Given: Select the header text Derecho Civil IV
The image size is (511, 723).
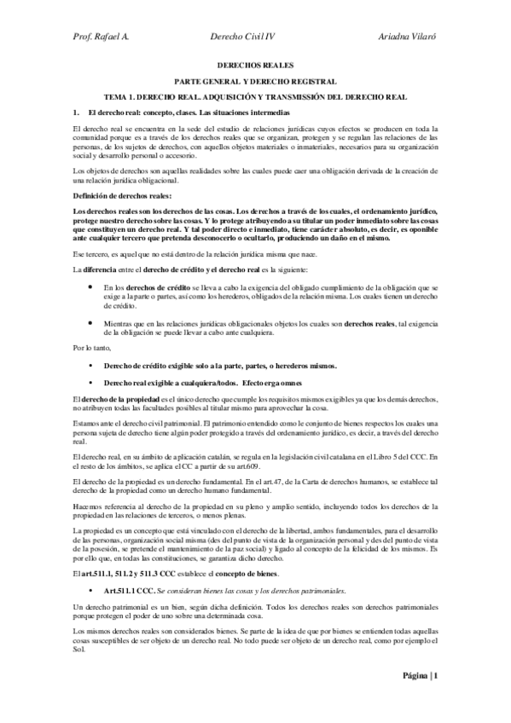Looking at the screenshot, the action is click(243, 38).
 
